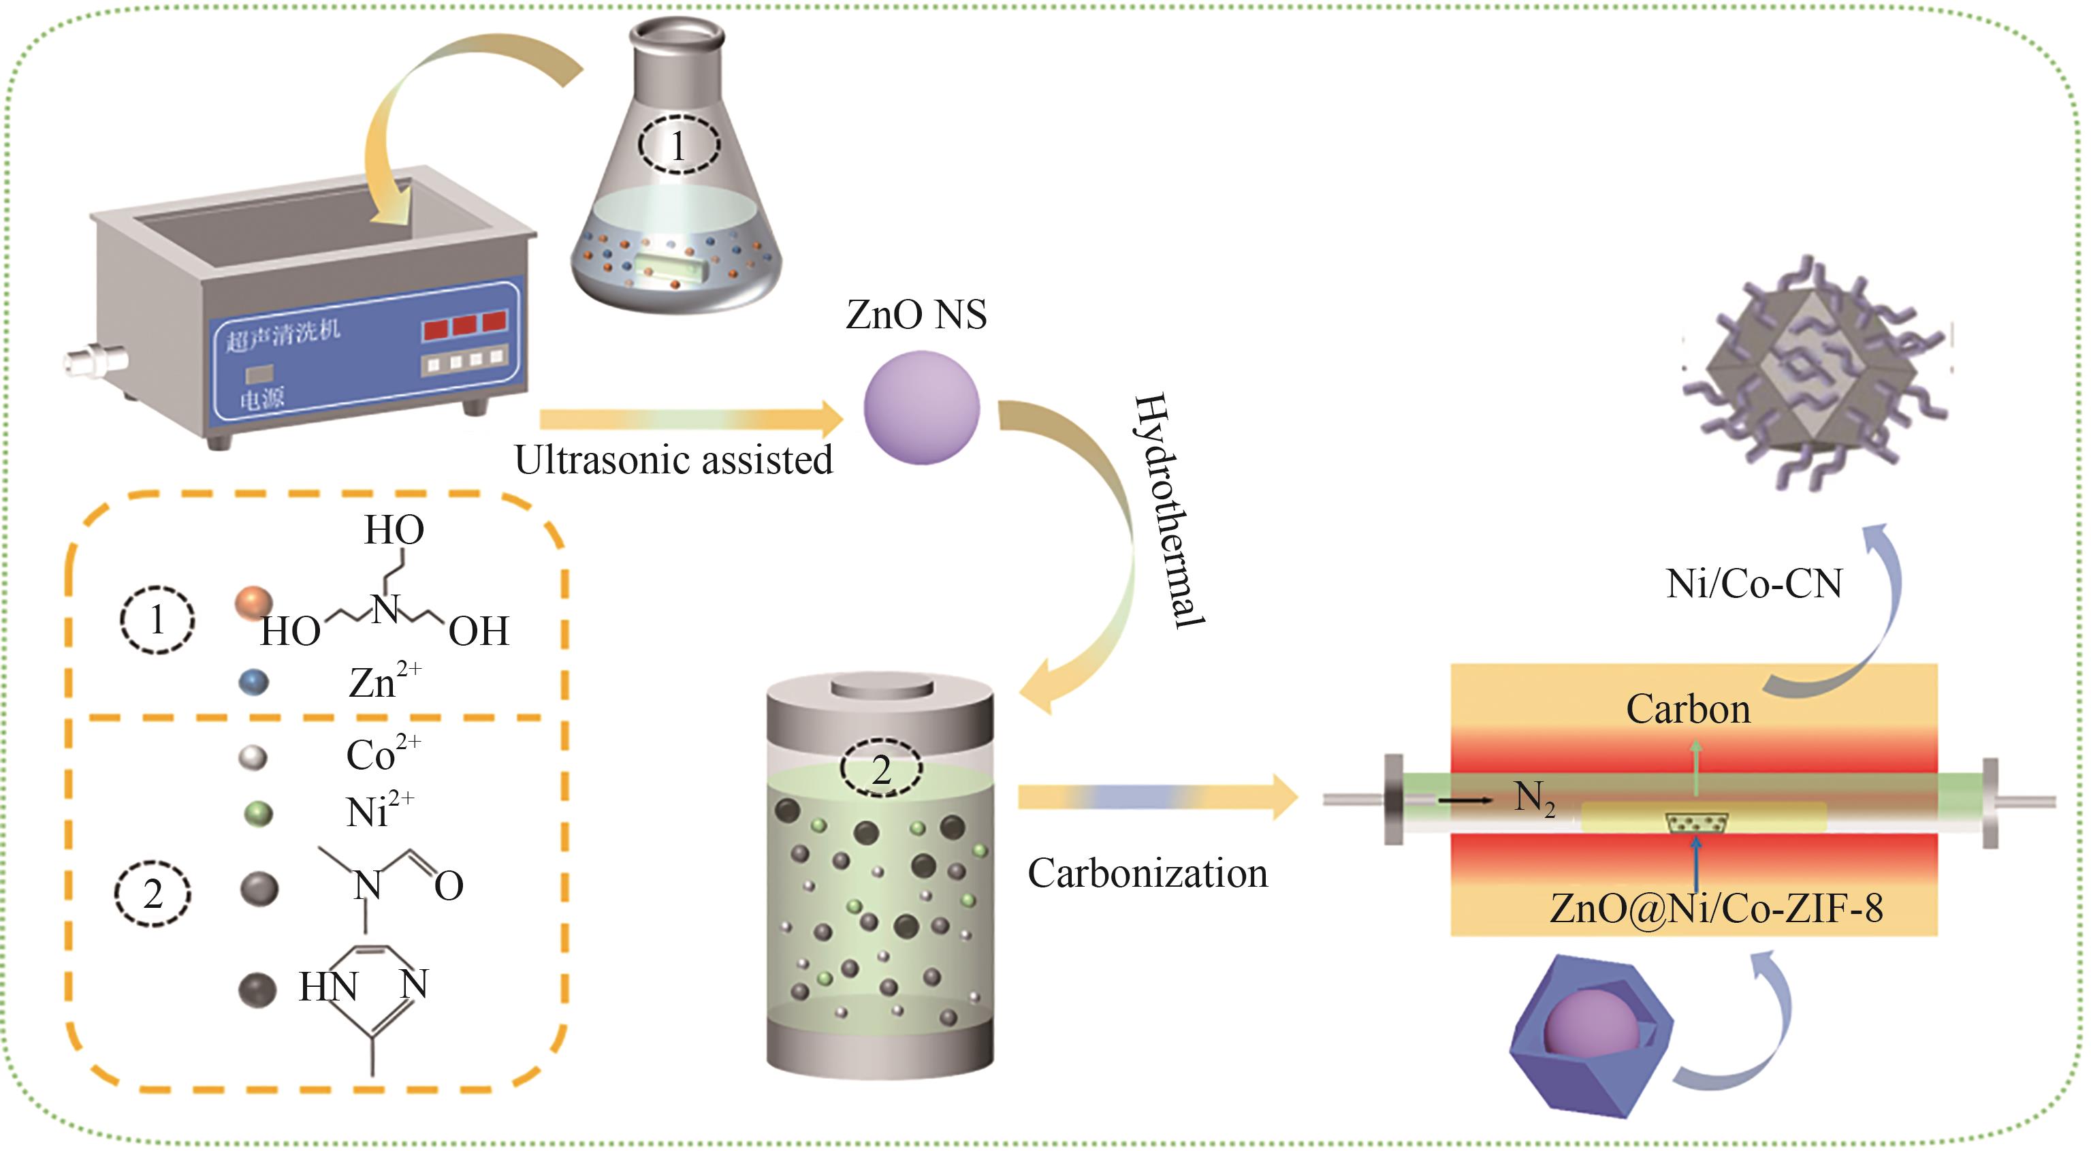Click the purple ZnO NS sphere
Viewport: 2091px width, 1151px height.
coord(921,407)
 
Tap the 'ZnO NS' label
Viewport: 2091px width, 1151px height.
coord(916,315)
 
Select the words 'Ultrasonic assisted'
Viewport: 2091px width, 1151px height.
coord(673,460)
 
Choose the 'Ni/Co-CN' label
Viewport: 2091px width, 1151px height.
coord(1753,584)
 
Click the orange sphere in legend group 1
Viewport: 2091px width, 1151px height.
coord(253,603)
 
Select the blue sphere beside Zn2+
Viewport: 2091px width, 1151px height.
coord(253,682)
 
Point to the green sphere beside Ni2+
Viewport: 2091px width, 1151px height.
coord(258,813)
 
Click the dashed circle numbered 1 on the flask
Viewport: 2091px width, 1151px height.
coord(677,146)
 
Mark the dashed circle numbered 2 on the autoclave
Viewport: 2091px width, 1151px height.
coord(880,768)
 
